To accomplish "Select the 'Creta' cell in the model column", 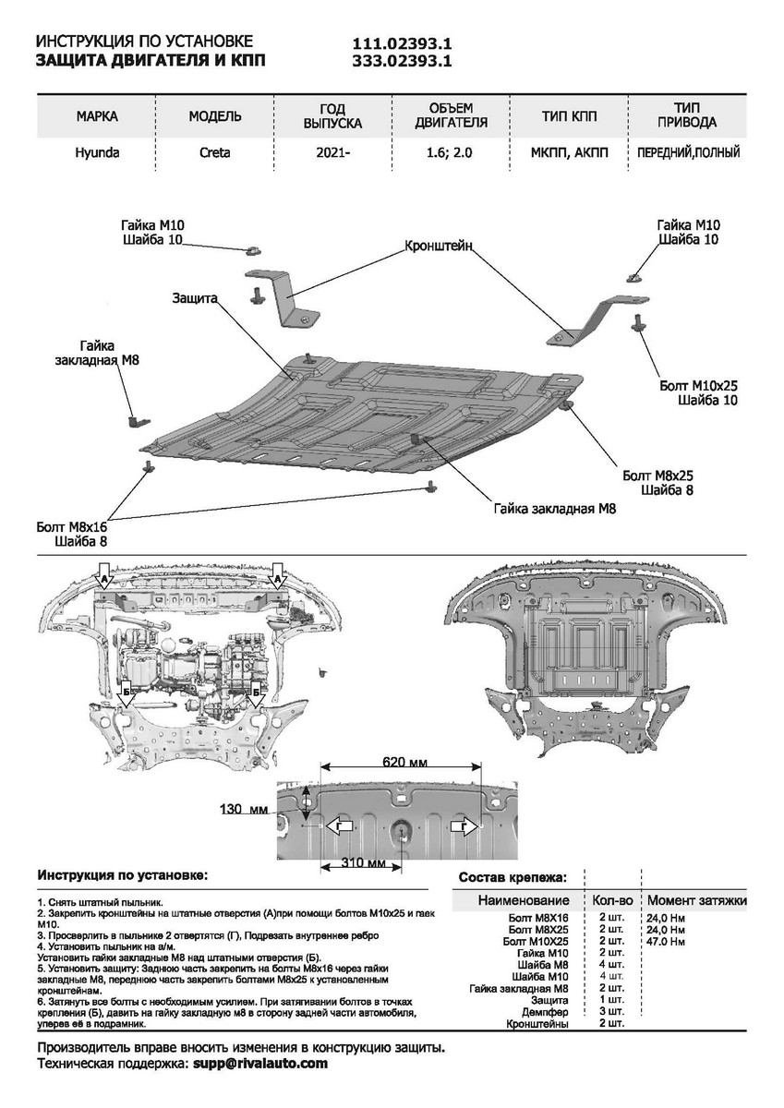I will tap(214, 153).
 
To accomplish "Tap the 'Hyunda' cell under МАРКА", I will tap(97, 153).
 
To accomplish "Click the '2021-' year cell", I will tap(332, 153).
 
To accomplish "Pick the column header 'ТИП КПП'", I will tap(569, 116).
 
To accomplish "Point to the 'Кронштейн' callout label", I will tap(439, 246).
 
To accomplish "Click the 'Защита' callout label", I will tap(194, 298).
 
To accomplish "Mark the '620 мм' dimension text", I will tap(404, 764).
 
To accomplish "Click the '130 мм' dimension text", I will tap(244, 809).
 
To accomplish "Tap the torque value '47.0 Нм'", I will tap(666, 942).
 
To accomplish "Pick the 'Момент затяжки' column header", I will tap(696, 900).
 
